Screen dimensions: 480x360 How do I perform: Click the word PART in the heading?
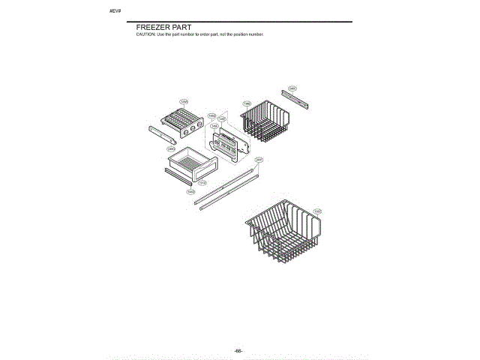point(181,28)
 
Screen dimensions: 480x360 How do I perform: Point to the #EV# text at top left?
point(115,13)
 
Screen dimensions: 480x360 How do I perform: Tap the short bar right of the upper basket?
point(296,97)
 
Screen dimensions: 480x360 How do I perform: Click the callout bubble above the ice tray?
point(183,102)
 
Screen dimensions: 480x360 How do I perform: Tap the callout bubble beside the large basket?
point(317,212)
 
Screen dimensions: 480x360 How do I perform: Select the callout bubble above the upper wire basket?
point(247,103)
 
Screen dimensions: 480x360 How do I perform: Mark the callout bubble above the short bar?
point(292,88)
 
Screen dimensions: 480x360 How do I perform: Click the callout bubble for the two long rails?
point(259,159)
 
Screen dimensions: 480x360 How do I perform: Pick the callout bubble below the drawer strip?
point(190,192)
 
